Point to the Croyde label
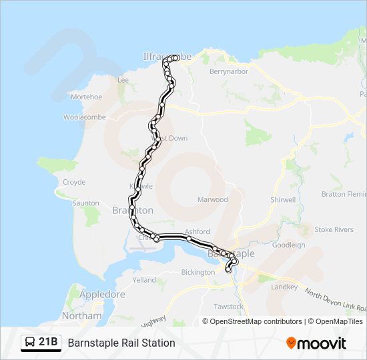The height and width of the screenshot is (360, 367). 73,182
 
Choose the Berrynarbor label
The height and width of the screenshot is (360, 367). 228,71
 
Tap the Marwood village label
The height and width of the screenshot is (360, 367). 212,199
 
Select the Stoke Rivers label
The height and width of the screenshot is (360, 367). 334,230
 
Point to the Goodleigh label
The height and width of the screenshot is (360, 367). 289,245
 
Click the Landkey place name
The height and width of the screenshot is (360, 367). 285,287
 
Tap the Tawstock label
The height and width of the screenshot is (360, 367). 229,307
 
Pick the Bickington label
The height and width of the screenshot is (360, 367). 198,273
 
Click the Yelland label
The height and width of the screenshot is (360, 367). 144,280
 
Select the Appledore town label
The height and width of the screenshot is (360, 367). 101,294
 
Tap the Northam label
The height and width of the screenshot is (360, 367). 81,315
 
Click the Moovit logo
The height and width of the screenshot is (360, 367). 316,343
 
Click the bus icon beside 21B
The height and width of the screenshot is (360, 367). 30,343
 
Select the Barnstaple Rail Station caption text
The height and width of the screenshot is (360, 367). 121,343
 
